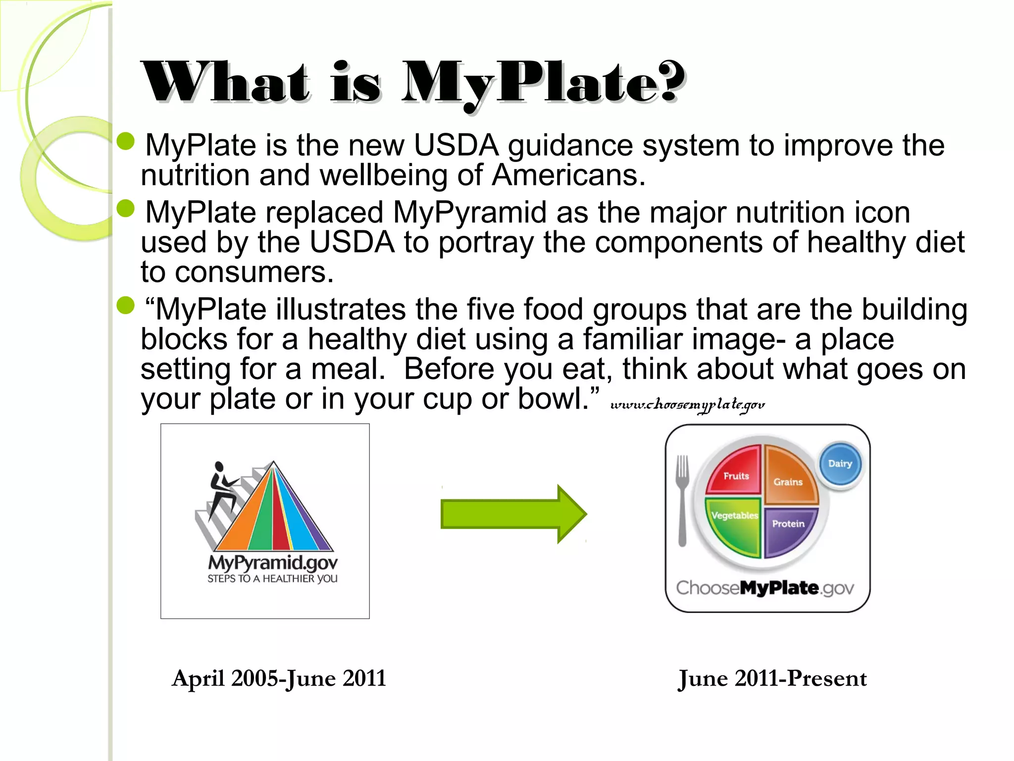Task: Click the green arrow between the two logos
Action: (513, 514)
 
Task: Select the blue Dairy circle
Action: (840, 464)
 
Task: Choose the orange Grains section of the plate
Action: (789, 476)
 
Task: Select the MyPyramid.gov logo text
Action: (273, 563)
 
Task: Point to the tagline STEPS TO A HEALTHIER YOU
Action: (272, 579)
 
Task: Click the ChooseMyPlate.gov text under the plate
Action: (765, 588)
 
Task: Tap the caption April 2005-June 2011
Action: (279, 678)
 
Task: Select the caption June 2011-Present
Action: (772, 678)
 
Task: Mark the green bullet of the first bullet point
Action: (126, 141)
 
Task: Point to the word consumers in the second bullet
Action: (254, 272)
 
